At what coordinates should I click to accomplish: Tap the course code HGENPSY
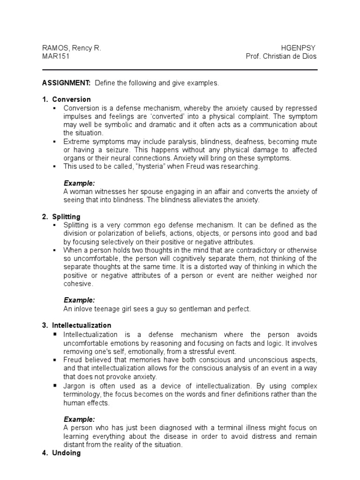[x=299, y=48]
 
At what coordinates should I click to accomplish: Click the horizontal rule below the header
[x=180, y=70]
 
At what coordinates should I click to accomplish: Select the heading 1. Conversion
[x=71, y=99]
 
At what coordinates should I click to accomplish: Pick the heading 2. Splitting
[x=66, y=217]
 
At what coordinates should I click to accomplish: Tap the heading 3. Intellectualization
[x=81, y=325]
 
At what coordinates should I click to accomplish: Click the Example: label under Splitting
[x=79, y=300]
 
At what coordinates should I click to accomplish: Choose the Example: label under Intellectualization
[x=79, y=419]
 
